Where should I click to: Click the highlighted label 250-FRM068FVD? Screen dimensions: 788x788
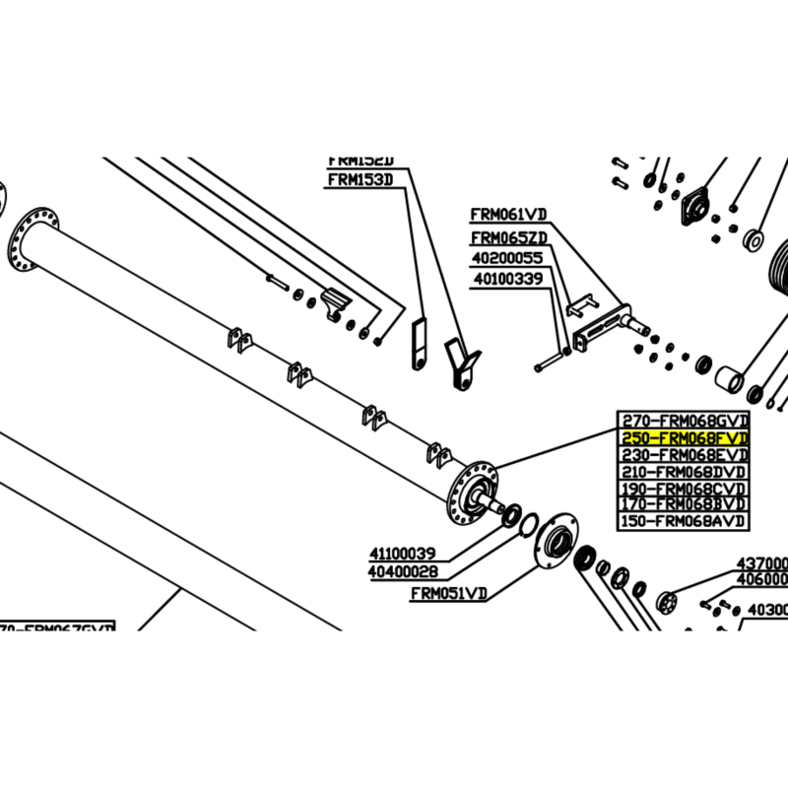684,437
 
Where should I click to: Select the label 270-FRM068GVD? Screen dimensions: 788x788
684,421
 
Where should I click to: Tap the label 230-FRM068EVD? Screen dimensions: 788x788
684,454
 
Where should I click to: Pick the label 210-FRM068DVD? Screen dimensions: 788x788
684,471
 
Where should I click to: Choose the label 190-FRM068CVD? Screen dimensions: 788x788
684,488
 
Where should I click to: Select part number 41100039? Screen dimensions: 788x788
403,554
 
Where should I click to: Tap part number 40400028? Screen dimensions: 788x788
403,571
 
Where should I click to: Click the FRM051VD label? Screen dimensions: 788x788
448,594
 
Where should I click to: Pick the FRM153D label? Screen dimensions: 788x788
360,179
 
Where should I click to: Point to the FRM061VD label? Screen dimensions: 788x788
508,214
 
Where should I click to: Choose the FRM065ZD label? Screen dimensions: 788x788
508,237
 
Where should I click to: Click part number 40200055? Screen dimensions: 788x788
508,258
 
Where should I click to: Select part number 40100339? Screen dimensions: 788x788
508,279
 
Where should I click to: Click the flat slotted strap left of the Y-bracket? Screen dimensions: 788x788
419,344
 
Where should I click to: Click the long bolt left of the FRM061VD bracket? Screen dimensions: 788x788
552,361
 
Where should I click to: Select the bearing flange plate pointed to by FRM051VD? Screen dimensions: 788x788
558,542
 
